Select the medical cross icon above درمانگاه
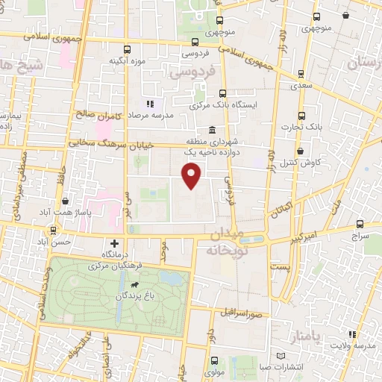tap(114, 243)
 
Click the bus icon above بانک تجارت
tap(302, 115)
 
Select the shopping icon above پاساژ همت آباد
tap(66, 201)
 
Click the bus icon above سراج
tap(360, 223)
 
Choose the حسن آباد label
tap(56, 242)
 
